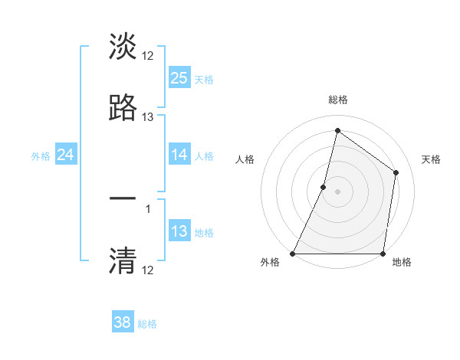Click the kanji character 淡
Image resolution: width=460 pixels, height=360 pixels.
coord(123,47)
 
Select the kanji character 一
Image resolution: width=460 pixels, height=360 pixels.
coord(123,198)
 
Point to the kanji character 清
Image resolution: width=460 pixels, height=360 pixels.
coord(123,260)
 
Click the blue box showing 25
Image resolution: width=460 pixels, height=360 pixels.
coord(179,77)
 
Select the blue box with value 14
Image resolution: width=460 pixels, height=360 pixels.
coord(179,155)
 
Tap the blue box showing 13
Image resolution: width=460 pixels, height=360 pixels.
coord(179,231)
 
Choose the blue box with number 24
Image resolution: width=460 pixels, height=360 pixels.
coord(66,155)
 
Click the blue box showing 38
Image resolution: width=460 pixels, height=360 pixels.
coord(123,322)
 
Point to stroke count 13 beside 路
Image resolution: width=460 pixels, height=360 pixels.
coord(148,117)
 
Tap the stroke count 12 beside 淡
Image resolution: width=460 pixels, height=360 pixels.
coord(148,55)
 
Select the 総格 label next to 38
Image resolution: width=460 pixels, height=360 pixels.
coord(148,324)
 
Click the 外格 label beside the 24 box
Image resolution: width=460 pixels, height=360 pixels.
coord(41,156)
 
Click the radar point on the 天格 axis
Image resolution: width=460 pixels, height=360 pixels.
coord(396,172)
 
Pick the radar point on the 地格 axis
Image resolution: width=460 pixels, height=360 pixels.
coord(383,254)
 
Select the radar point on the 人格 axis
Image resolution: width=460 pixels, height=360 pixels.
coord(324,187)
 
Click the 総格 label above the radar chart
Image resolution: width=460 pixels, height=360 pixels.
coord(337,100)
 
